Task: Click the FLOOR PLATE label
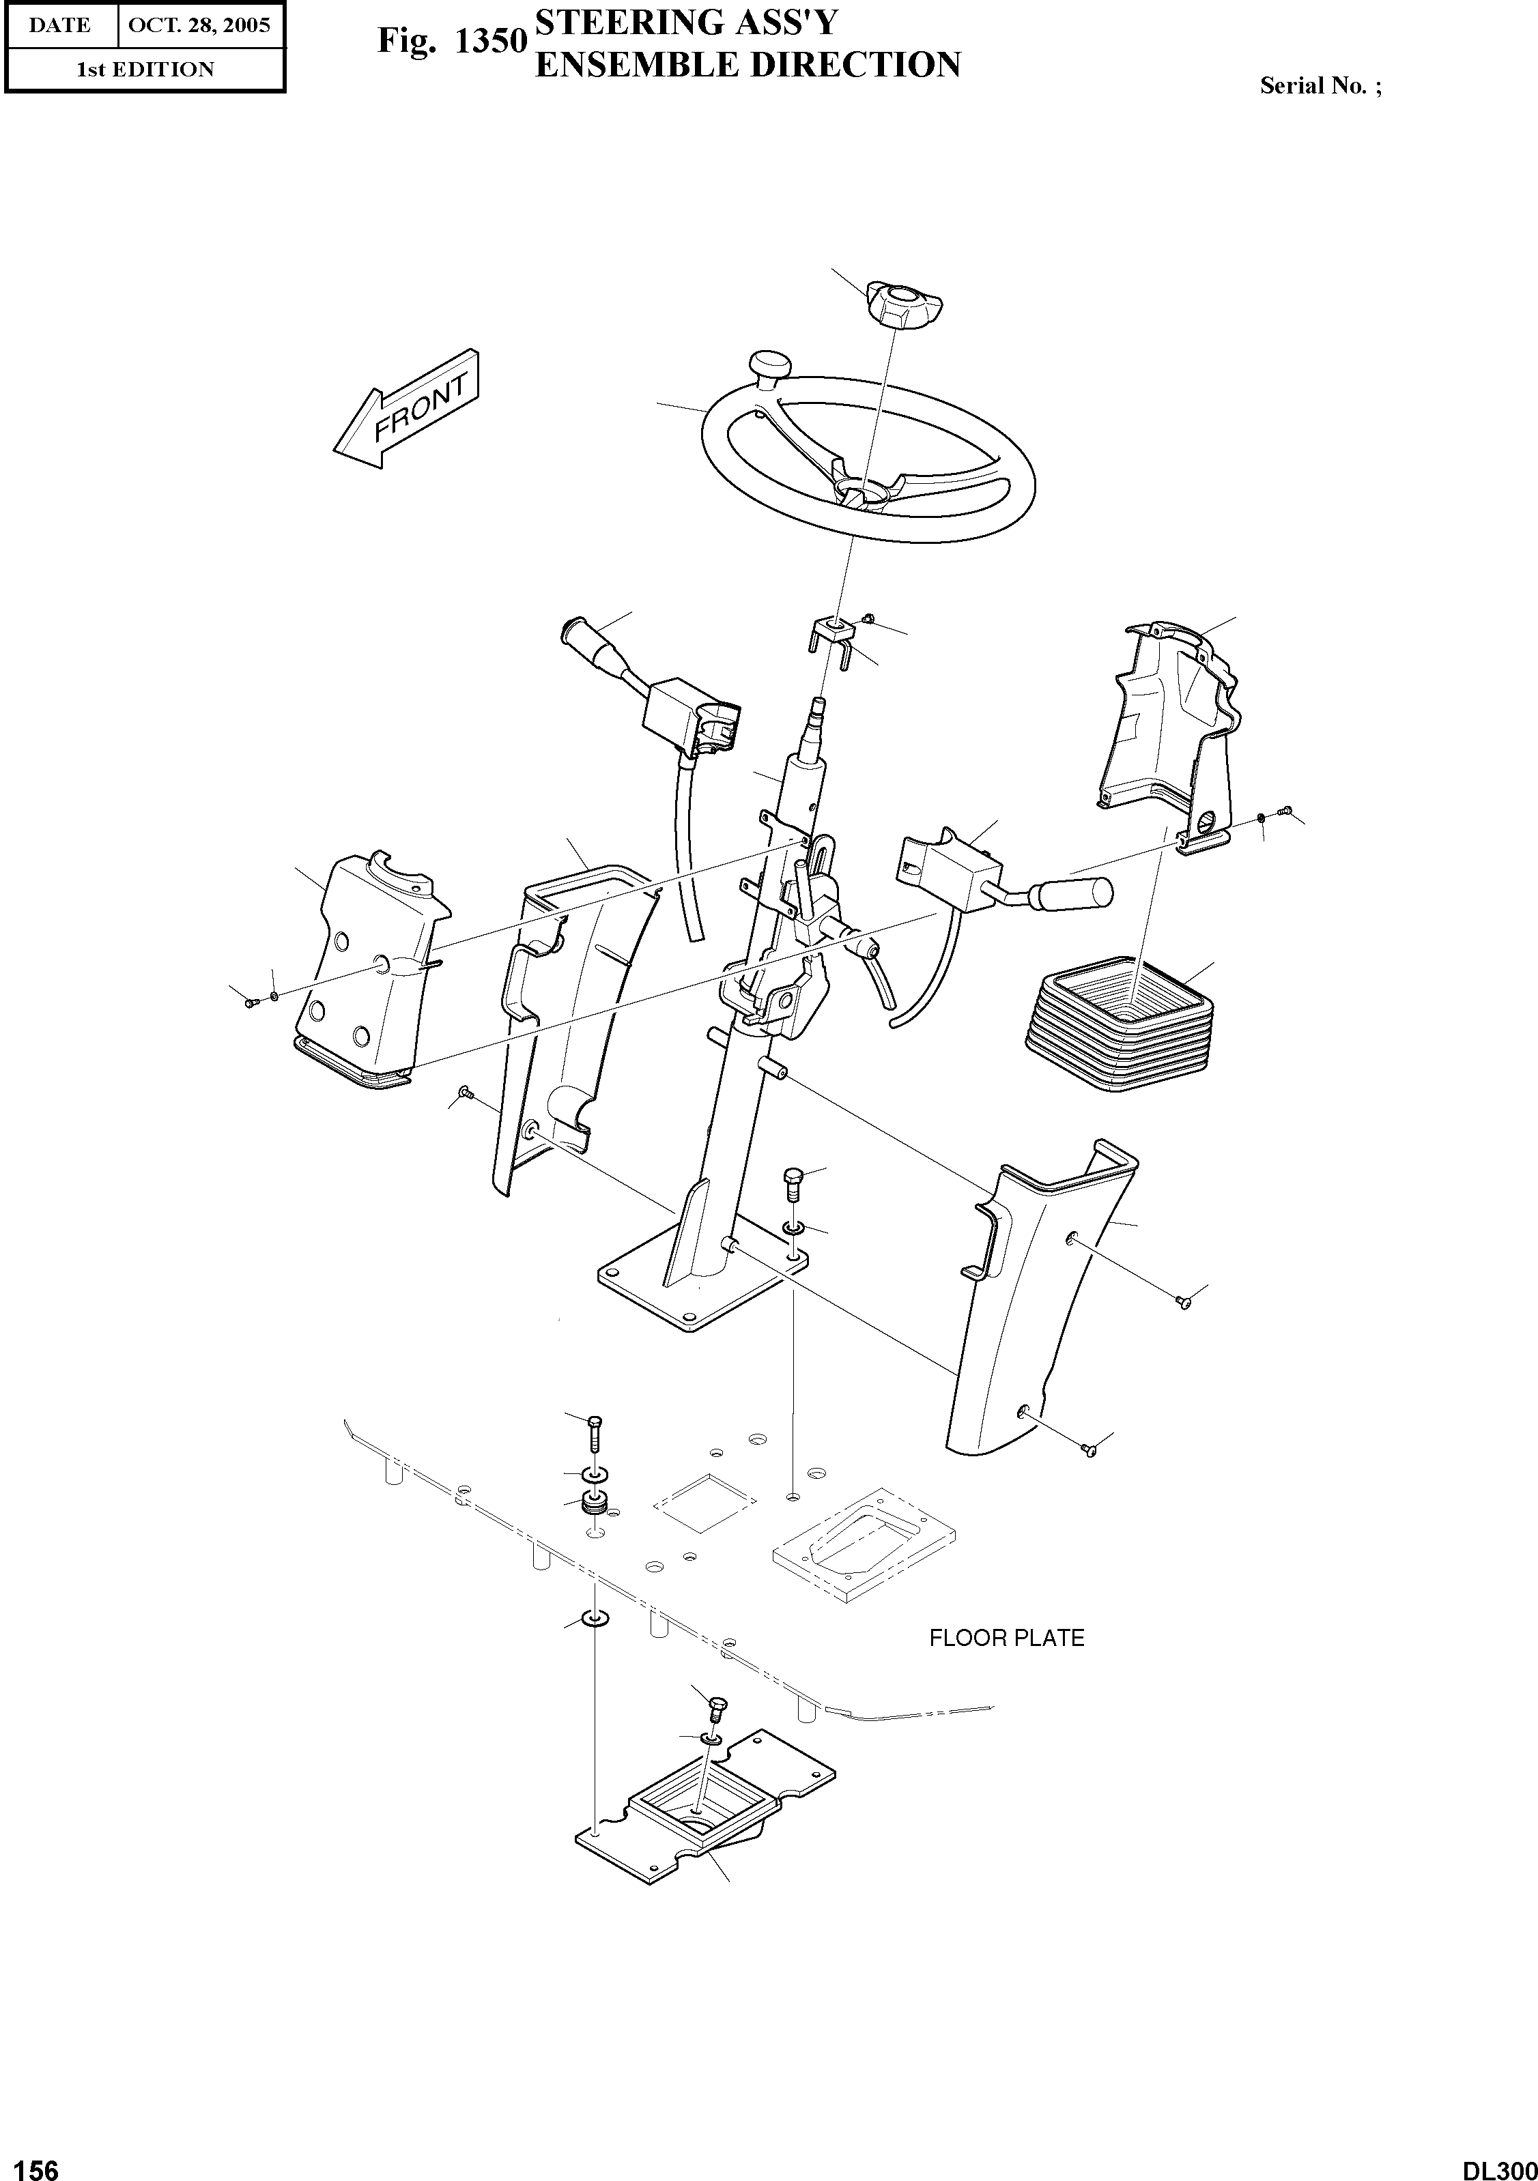tap(1006, 1638)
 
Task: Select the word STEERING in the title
tap(624, 22)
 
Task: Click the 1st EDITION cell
tap(145, 70)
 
